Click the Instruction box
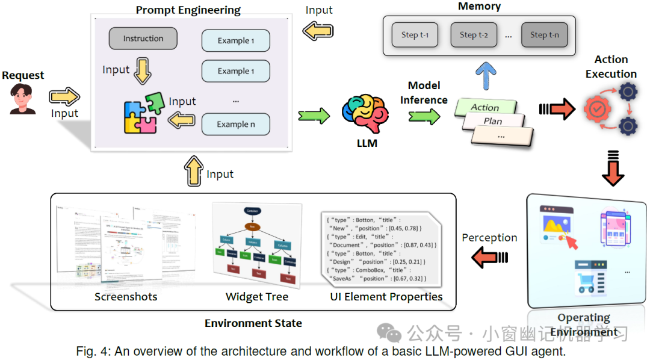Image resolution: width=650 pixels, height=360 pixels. pyautogui.click(x=143, y=39)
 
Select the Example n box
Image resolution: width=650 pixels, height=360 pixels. pyautogui.click(x=235, y=125)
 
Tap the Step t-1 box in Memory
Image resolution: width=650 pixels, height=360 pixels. pyautogui.click(x=415, y=35)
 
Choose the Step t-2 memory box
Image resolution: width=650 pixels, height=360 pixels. pyautogui.click(x=474, y=35)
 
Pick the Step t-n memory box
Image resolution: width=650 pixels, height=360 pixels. pyautogui.click(x=544, y=35)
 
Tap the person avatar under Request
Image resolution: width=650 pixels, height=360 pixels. pyautogui.click(x=23, y=99)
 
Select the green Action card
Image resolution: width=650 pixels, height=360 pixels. pyautogui.click(x=486, y=107)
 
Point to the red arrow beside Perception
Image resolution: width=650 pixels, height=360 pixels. pyautogui.click(x=489, y=258)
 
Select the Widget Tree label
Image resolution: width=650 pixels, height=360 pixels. pyautogui.click(x=257, y=297)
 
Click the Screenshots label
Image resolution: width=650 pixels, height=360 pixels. pyautogui.click(x=126, y=297)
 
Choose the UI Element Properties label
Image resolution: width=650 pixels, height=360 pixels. pyautogui.click(x=386, y=297)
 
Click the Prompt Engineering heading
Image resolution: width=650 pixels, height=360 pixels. pyautogui.click(x=188, y=10)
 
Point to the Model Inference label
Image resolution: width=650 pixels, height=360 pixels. pyautogui.click(x=424, y=93)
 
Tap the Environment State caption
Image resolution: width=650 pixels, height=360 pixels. pyautogui.click(x=253, y=323)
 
